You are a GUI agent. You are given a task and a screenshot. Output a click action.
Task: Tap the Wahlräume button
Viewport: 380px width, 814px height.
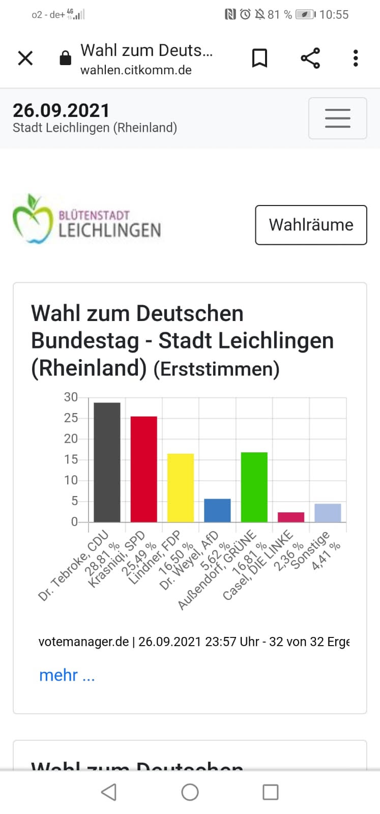pos(311,225)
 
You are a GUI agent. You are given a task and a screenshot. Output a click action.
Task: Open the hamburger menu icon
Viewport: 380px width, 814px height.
pos(337,118)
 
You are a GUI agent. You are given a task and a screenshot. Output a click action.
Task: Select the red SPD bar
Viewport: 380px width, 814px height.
pos(144,469)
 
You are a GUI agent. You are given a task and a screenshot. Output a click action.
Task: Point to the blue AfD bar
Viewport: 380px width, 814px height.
pos(217,510)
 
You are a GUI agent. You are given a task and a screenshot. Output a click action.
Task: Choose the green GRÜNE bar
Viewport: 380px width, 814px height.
pos(254,487)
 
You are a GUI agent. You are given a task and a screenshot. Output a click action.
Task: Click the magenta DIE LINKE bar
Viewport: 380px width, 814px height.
pos(291,517)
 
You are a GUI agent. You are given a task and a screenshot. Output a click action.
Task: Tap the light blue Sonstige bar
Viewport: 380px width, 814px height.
pos(328,513)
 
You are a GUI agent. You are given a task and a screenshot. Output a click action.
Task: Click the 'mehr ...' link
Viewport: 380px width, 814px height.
pos(67,675)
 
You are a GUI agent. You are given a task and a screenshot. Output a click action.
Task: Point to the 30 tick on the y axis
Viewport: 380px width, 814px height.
pos(71,397)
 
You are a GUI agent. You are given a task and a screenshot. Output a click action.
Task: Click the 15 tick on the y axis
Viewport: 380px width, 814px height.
pos(71,459)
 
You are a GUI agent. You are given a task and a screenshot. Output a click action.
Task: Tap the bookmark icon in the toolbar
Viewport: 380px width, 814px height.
pos(259,58)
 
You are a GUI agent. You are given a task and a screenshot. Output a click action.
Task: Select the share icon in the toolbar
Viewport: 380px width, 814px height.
pos(310,58)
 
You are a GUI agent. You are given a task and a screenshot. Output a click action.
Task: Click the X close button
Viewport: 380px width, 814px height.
pos(25,58)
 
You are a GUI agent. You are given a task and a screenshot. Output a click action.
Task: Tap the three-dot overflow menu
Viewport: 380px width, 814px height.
pos(356,58)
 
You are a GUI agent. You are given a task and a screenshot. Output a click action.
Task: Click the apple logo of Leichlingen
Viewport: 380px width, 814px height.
pos(33,218)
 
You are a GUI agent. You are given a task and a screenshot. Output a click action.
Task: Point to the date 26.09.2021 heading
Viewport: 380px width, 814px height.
pos(61,110)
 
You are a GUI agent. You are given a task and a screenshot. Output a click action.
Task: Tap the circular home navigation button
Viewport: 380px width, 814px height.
pos(190,792)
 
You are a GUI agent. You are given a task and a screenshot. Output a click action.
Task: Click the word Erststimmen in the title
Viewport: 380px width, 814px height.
pos(217,369)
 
